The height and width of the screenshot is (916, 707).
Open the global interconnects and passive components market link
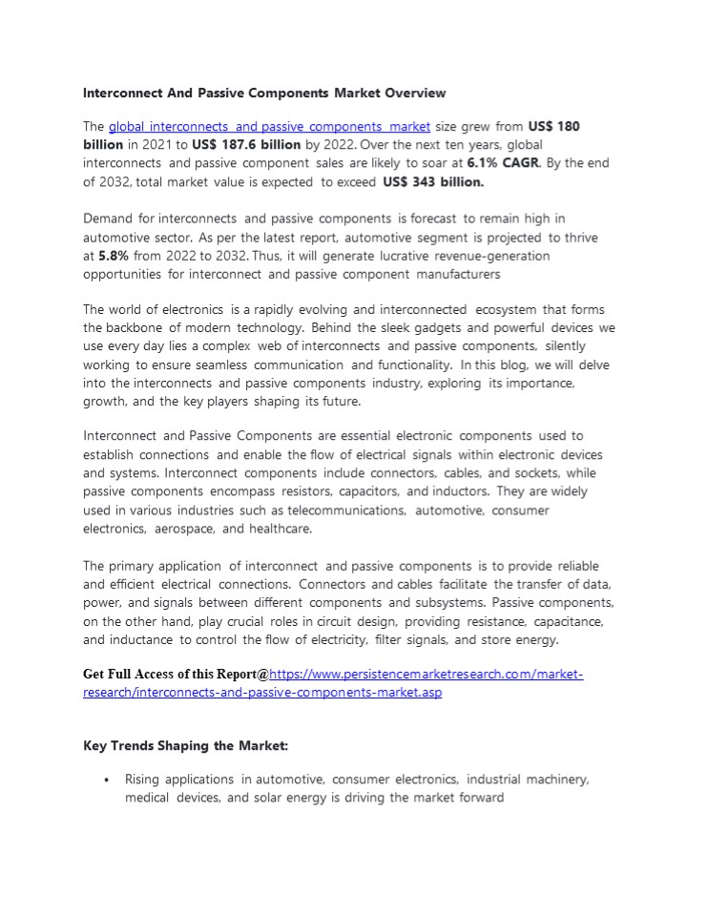coord(269,126)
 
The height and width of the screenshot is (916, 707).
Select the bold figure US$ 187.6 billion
coord(246,145)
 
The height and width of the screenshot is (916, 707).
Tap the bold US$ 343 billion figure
coord(433,181)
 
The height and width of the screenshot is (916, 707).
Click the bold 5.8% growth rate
coord(113,256)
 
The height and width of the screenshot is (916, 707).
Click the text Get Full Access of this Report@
coord(176,676)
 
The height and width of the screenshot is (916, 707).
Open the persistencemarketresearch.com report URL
coord(420,676)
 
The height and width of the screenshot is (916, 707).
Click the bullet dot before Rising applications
coord(106,781)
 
